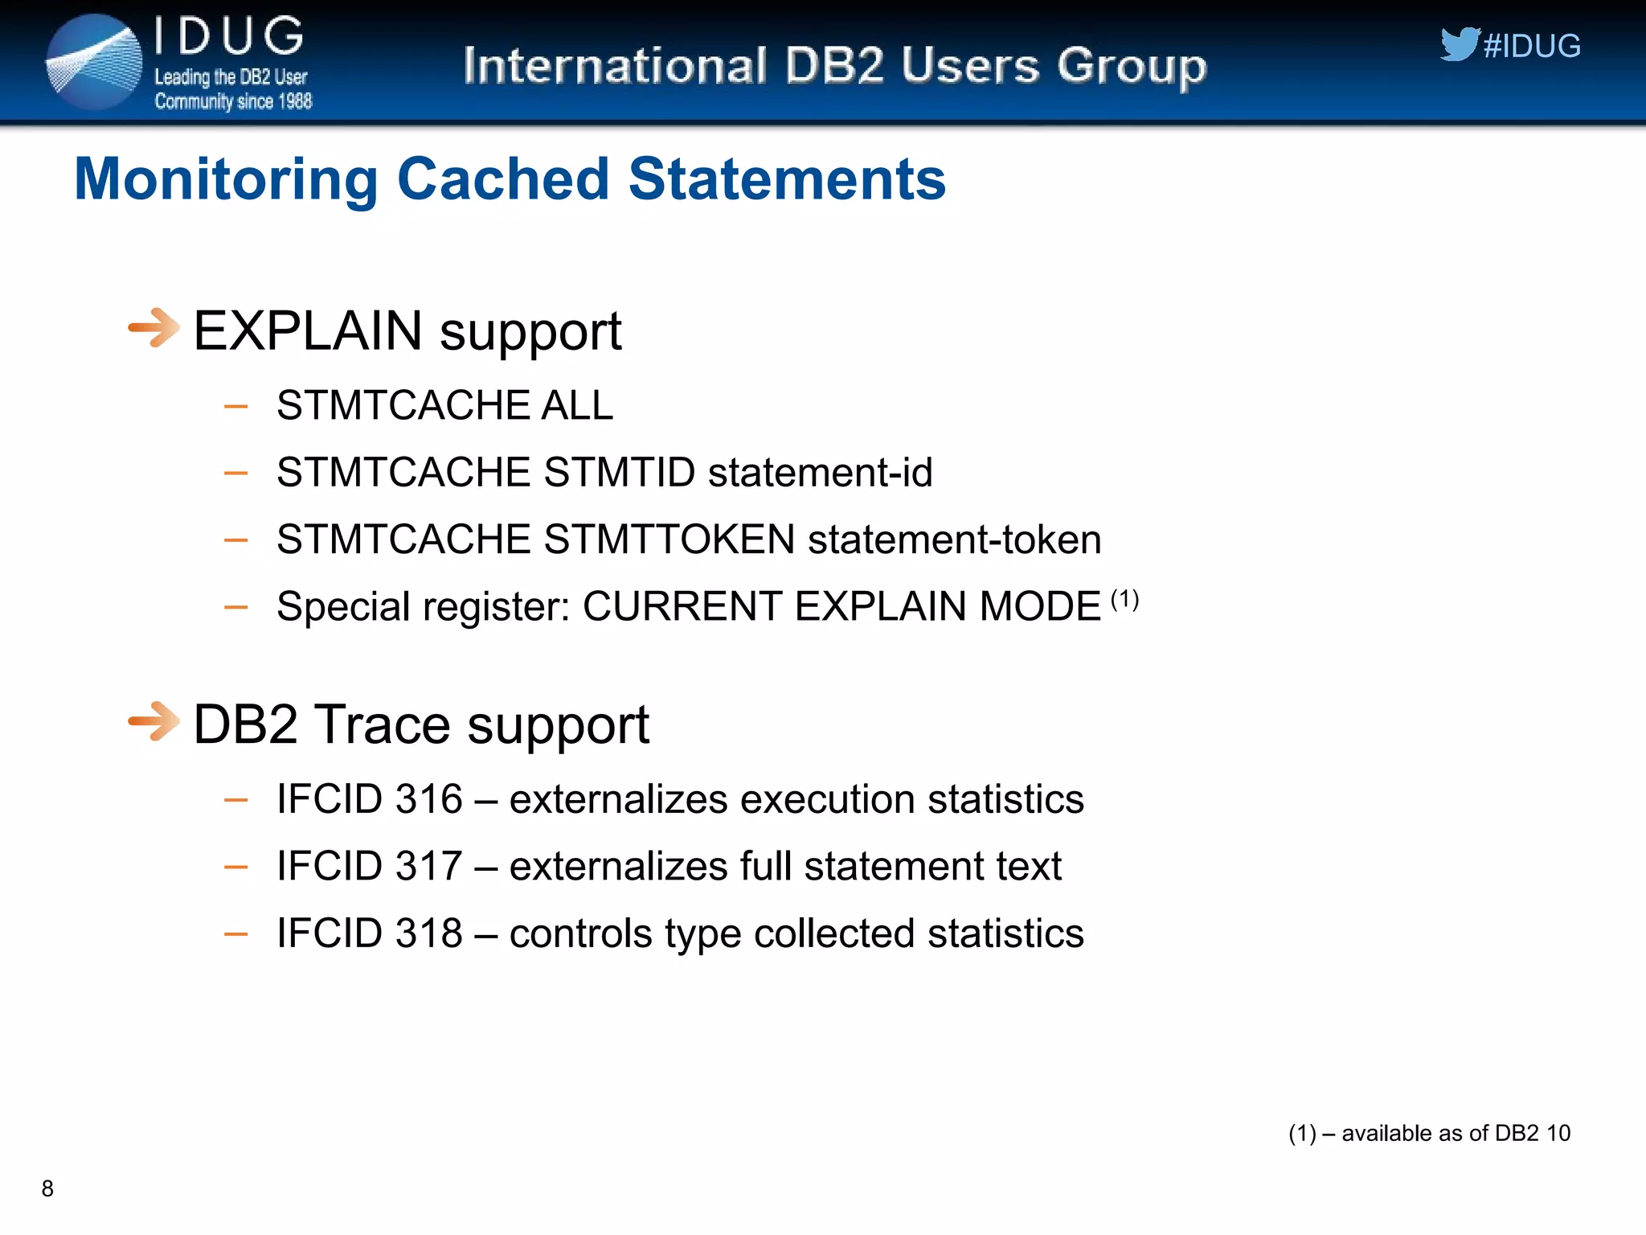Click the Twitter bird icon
(1459, 44)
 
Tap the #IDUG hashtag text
(1532, 47)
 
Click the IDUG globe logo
(94, 63)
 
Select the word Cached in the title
(503, 178)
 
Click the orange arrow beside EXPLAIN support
(154, 328)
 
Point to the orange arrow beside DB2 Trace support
(154, 721)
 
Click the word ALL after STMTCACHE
(576, 404)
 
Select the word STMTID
(619, 472)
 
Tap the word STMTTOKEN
(669, 539)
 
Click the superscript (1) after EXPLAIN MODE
(1124, 599)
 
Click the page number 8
(47, 1188)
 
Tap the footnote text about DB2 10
(1429, 1133)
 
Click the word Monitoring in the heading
(226, 178)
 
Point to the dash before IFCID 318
(235, 934)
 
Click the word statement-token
(954, 539)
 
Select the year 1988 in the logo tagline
(294, 101)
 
